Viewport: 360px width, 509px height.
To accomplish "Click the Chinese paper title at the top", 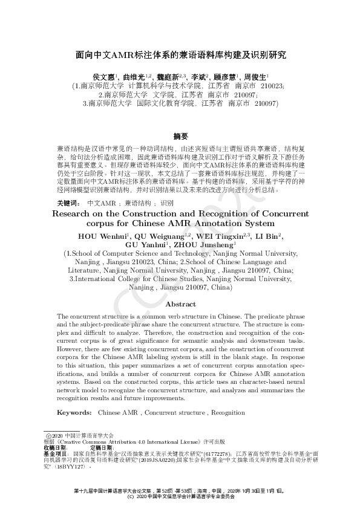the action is (180, 54).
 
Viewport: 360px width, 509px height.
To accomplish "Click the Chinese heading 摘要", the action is (180, 136).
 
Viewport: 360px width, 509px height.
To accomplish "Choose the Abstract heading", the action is (180, 304).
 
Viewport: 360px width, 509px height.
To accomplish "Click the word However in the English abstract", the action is (72, 349).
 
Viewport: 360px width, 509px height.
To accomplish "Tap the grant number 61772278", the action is (215, 453).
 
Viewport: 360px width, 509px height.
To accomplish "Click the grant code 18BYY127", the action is (73, 466).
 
